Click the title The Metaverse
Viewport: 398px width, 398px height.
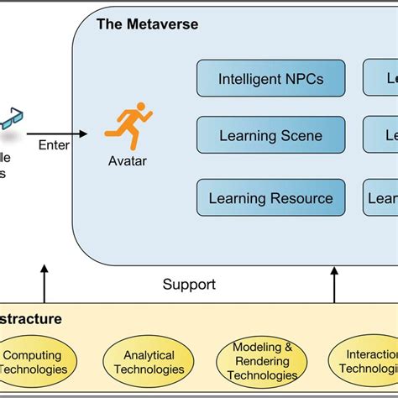point(148,24)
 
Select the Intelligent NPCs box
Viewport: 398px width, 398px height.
point(270,79)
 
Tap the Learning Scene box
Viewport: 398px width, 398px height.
point(270,135)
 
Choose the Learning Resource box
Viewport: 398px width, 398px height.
point(270,198)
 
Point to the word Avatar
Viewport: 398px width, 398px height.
point(126,160)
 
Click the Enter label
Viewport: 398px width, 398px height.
point(54,144)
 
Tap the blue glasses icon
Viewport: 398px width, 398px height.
point(11,117)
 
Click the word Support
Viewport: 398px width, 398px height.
point(188,285)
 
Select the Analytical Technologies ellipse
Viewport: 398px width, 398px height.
point(148,362)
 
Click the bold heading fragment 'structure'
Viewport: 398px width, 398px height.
point(30,319)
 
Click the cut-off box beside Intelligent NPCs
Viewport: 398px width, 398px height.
point(380,79)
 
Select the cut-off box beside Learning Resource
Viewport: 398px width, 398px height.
point(380,198)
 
